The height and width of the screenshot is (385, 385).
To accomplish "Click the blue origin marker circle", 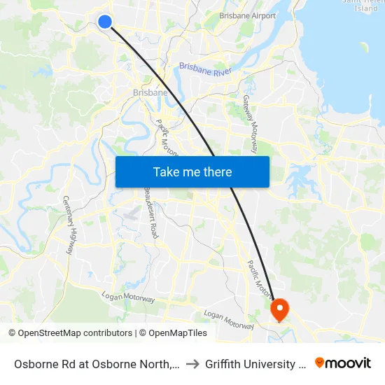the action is pyautogui.click(x=105, y=22).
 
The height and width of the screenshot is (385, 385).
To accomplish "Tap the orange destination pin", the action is pyautogui.click(x=279, y=309).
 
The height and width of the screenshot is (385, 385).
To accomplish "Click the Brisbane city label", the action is pyautogui.click(x=150, y=92).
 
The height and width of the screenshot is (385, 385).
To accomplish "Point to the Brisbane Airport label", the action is pyautogui.click(x=247, y=15).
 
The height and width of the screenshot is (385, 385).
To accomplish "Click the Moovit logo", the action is pyautogui.click(x=343, y=363).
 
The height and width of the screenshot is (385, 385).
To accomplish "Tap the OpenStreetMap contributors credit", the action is pyautogui.click(x=70, y=333).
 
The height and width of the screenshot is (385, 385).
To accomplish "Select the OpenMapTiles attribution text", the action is pyautogui.click(x=173, y=333).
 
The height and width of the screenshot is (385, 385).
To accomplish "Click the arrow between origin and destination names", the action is pyautogui.click(x=192, y=364).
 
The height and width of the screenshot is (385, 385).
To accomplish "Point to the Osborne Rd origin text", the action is pyautogui.click(x=95, y=364).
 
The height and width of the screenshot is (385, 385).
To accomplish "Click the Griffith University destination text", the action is pyautogui.click(x=255, y=364).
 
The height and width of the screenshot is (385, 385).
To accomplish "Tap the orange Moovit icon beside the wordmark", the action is pyautogui.click(x=320, y=363).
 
